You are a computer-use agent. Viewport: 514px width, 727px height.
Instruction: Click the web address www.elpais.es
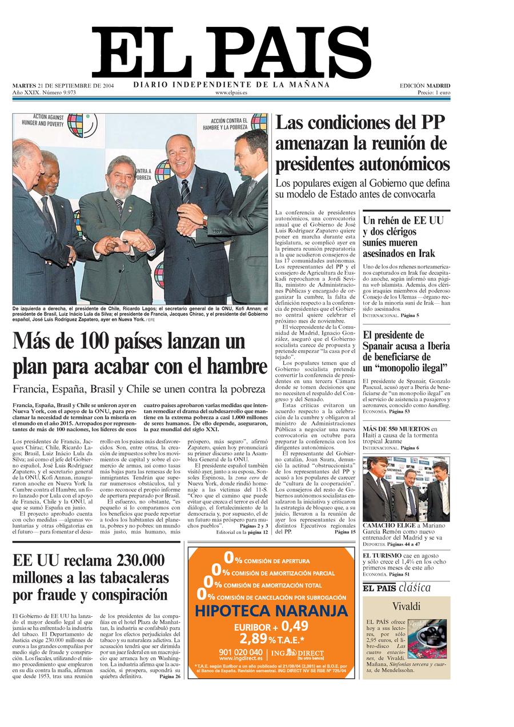click(x=231, y=93)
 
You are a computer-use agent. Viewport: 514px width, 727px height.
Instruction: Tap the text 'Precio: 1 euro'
click(x=433, y=93)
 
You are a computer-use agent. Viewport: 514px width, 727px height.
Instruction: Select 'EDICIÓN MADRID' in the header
click(x=424, y=86)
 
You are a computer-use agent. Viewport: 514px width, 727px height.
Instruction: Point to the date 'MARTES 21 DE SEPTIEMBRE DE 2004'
click(x=63, y=86)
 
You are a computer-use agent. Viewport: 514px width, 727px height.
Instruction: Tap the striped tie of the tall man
click(x=186, y=191)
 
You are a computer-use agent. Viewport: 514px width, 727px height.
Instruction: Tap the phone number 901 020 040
click(x=240, y=652)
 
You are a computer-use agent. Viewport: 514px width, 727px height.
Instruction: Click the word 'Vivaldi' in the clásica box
click(x=406, y=606)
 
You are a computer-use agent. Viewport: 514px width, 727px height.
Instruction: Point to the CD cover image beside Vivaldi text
click(x=427, y=638)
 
